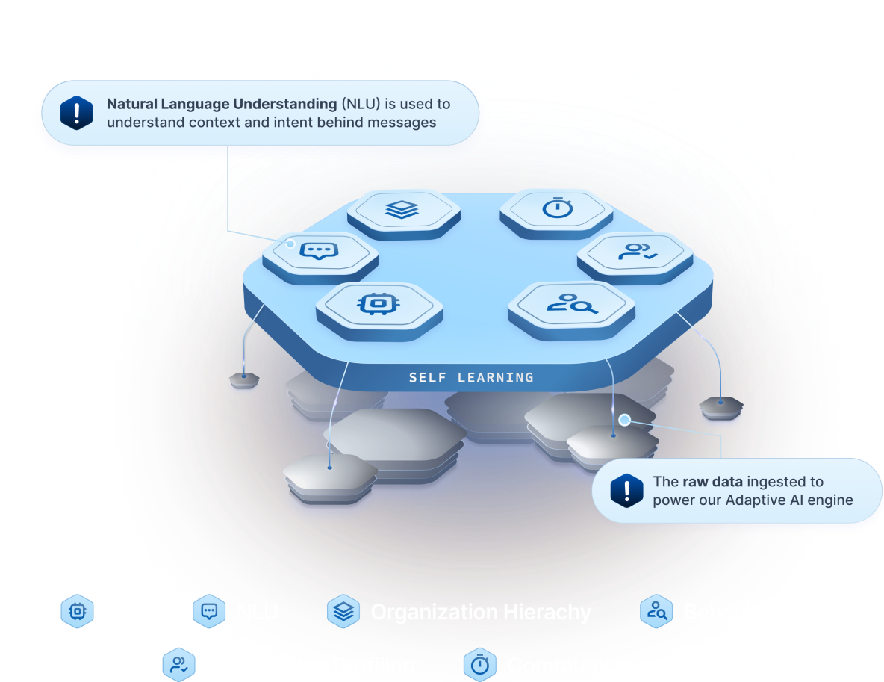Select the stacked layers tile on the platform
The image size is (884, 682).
click(403, 210)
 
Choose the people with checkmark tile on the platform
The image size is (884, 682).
click(635, 252)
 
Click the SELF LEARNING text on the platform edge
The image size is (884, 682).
click(471, 378)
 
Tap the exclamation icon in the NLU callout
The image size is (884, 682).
click(77, 113)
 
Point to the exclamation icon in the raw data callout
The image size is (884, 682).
click(626, 490)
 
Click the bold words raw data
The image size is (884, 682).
click(712, 482)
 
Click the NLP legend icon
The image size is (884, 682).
click(76, 612)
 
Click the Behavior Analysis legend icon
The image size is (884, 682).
click(657, 612)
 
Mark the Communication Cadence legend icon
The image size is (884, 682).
click(480, 665)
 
